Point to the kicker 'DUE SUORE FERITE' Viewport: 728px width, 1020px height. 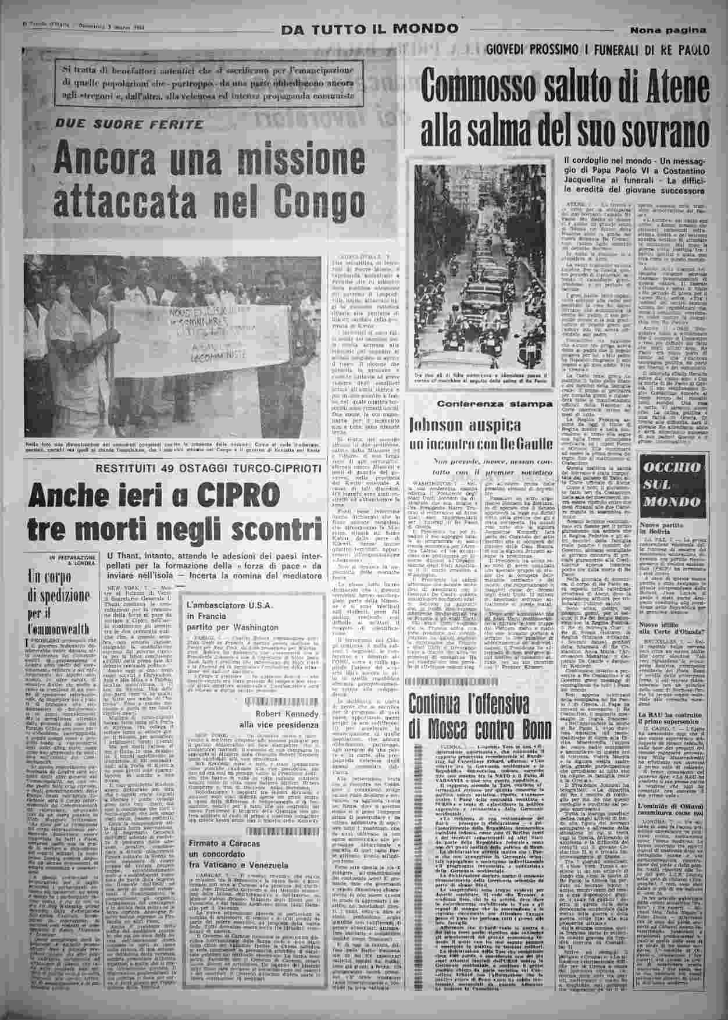click(138, 124)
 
